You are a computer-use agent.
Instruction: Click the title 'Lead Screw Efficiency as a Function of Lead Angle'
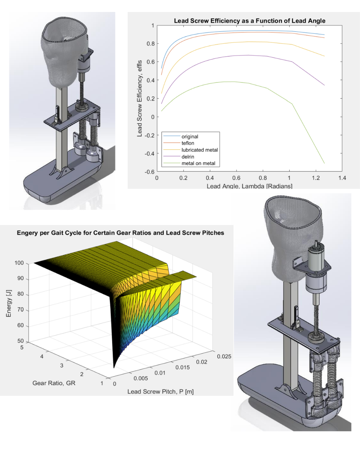(250, 21)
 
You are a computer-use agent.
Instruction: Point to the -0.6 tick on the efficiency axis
(150, 172)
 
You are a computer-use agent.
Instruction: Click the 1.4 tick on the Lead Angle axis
(342, 178)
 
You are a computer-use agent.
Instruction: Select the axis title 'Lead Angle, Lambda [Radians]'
(250, 186)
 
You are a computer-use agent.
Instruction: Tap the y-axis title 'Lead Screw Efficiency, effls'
(140, 98)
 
